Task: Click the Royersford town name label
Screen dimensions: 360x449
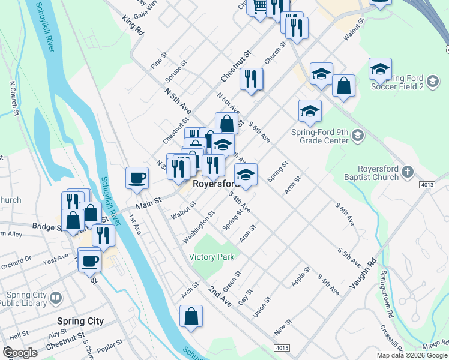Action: pyautogui.click(x=216, y=184)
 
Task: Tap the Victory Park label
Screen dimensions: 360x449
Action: pyautogui.click(x=211, y=257)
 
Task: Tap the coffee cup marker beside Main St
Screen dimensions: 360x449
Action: pyautogui.click(x=137, y=178)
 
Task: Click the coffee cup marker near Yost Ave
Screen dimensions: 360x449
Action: pyautogui.click(x=91, y=261)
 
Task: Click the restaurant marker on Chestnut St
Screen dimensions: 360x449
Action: pyautogui.click(x=251, y=79)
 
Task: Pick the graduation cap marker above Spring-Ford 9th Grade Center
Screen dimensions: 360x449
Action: pyautogui.click(x=310, y=111)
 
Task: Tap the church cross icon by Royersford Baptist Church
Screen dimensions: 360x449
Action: pyautogui.click(x=407, y=172)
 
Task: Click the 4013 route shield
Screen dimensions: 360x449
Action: pyautogui.click(x=427, y=185)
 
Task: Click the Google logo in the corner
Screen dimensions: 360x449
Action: pyautogui.click(x=20, y=353)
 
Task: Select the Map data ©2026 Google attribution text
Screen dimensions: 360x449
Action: pyautogui.click(x=411, y=355)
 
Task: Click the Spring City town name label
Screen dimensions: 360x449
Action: pyautogui.click(x=80, y=322)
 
